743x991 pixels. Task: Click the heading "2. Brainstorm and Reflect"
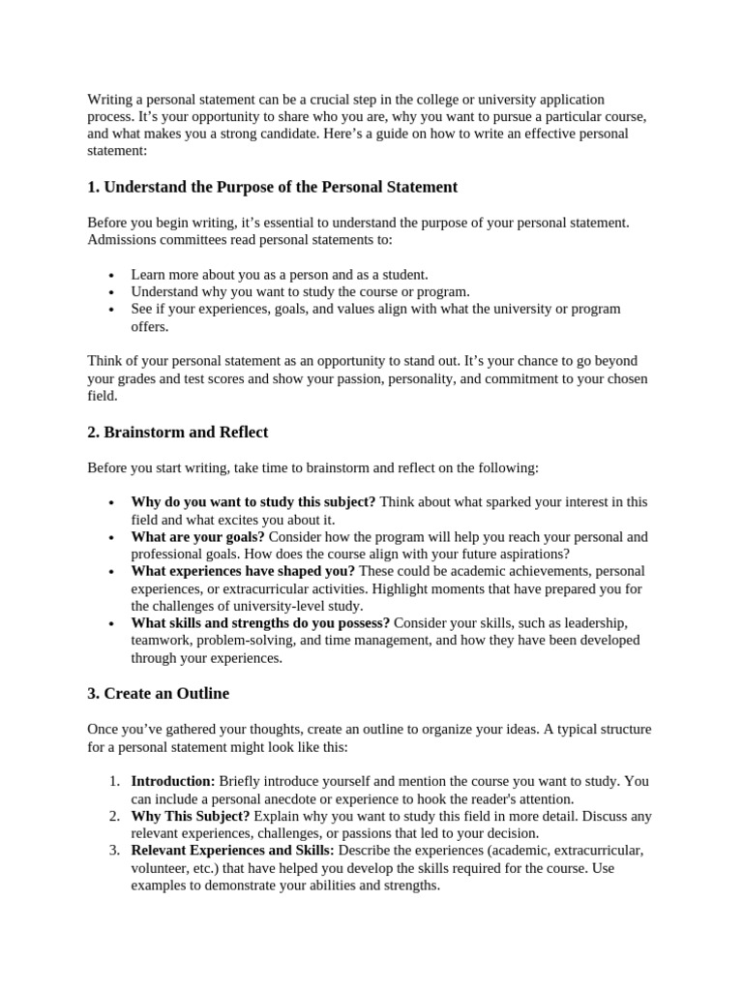click(178, 432)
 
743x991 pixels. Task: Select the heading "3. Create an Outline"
click(159, 693)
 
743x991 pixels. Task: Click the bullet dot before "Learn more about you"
click(112, 275)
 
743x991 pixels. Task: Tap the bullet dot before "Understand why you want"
click(112, 292)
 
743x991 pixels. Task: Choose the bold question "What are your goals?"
click(198, 536)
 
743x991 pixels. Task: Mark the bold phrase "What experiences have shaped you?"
click(243, 571)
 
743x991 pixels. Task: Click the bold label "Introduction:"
click(173, 781)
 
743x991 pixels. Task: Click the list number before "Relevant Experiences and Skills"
click(113, 851)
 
